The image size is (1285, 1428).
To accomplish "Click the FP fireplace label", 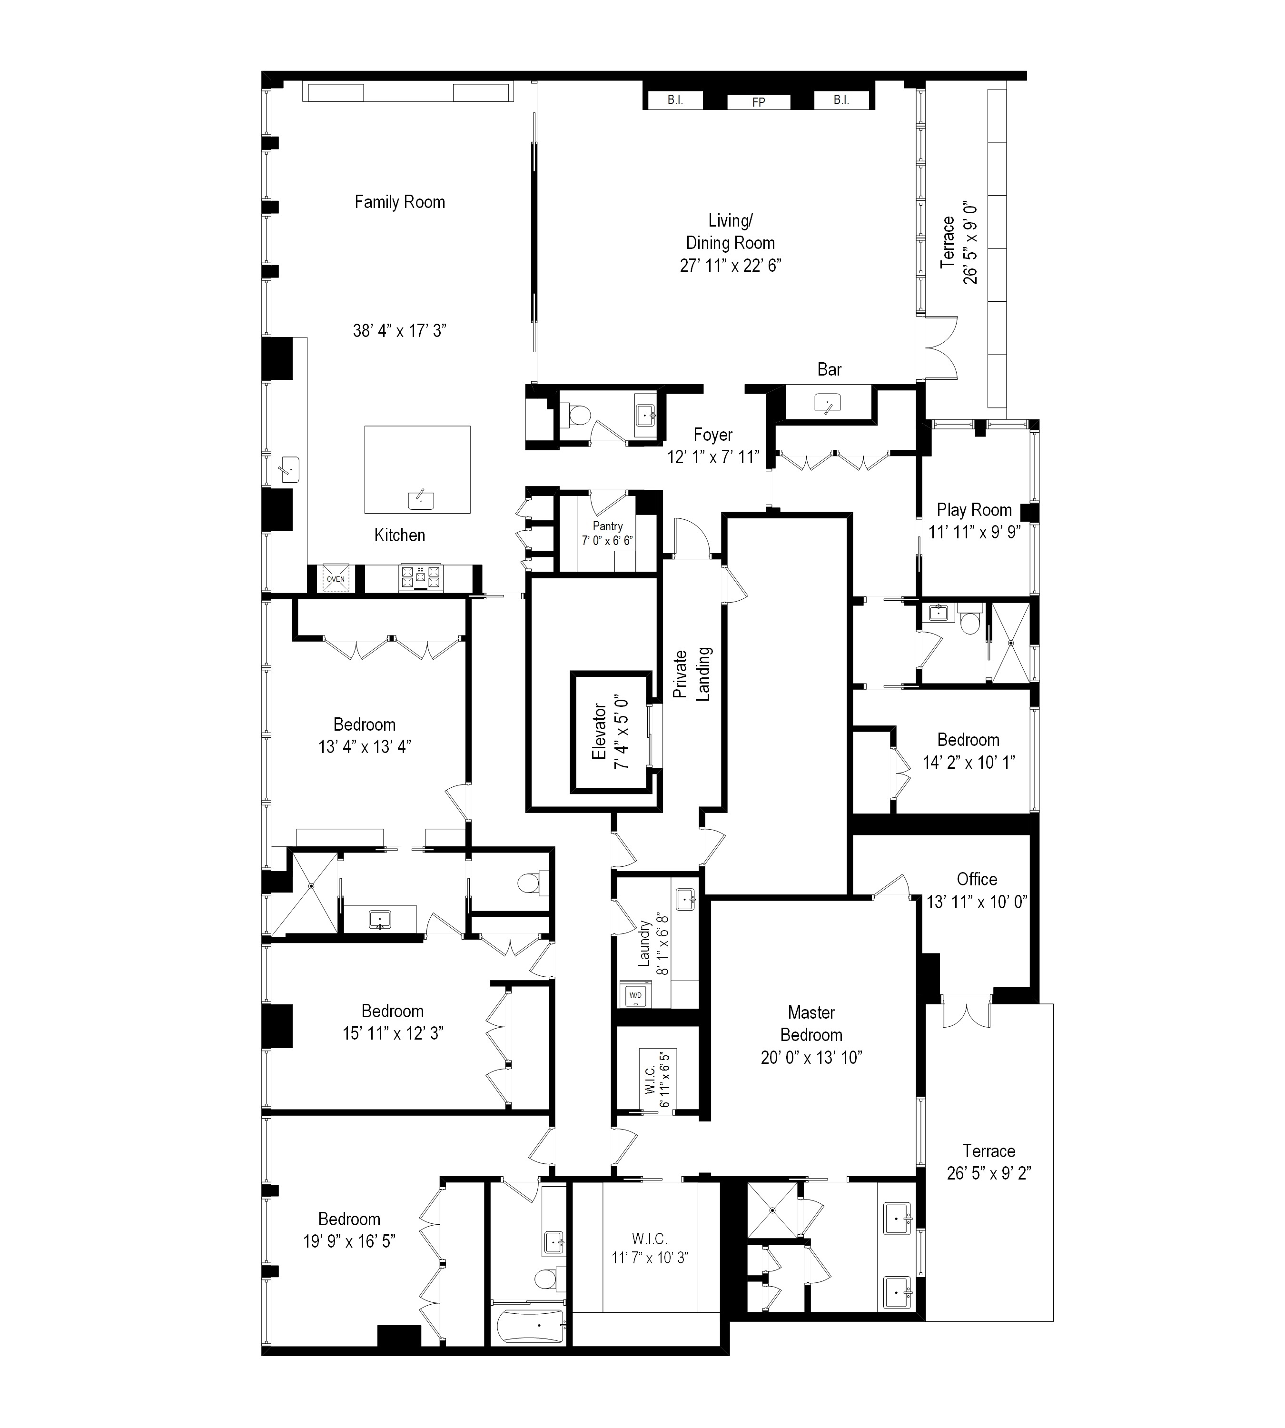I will pyautogui.click(x=758, y=102).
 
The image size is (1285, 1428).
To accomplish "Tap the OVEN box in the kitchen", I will pyautogui.click(x=336, y=578).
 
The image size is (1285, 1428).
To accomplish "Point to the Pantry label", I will pyautogui.click(x=607, y=526).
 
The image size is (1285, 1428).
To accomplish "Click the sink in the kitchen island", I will pyautogui.click(x=421, y=499).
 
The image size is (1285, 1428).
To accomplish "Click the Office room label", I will pyautogui.click(x=977, y=879).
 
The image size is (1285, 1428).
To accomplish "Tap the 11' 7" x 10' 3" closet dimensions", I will pyautogui.click(x=650, y=1257).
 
